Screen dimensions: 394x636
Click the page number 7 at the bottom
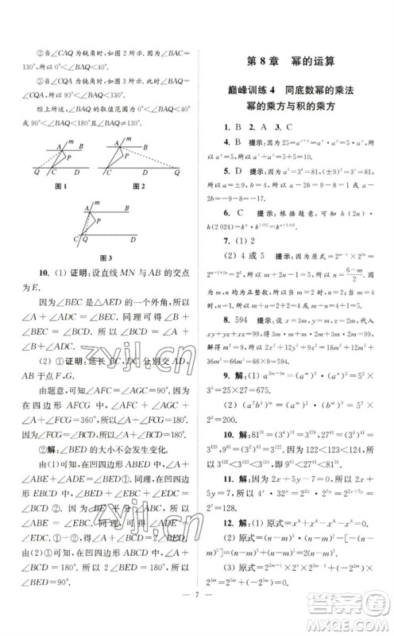coord(196,613)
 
